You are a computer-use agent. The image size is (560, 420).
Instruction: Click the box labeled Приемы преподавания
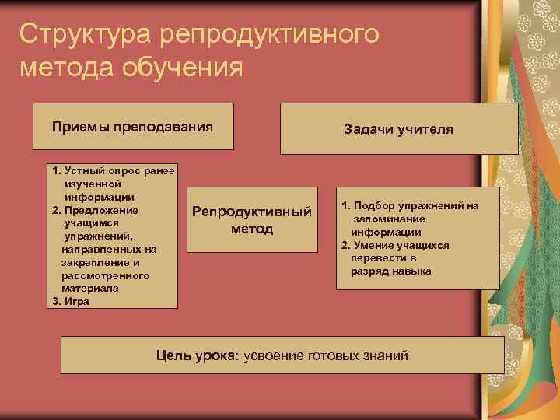point(132,126)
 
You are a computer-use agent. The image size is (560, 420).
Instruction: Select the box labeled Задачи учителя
point(398,129)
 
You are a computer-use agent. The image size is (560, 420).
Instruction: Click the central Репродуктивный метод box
point(252,220)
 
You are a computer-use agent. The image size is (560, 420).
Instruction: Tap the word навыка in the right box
point(411,271)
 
